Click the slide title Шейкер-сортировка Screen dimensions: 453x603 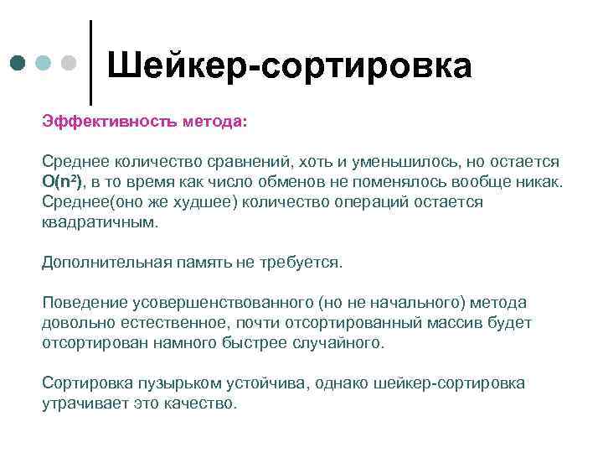click(290, 65)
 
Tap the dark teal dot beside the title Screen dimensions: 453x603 click(19, 63)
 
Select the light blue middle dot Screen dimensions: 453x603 click(44, 63)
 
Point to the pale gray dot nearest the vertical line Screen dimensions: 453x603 click(68, 63)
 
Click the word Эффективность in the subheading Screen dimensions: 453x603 click(98, 121)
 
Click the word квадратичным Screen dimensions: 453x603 click(99, 223)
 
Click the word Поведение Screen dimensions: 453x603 click(80, 303)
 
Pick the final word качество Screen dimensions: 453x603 click(205, 404)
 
